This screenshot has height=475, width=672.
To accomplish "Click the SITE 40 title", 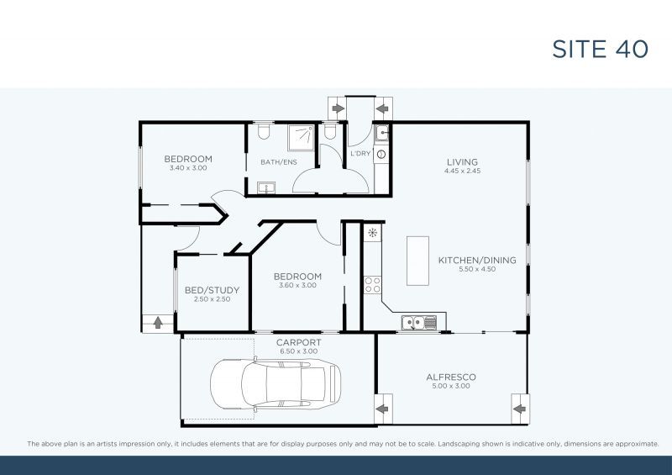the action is [600, 49].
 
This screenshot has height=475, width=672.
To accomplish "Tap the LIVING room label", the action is [462, 162].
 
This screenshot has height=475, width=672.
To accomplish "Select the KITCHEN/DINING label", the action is [477, 260].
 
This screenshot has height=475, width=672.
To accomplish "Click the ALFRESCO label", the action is [451, 377].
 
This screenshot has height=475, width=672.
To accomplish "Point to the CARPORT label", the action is [299, 342].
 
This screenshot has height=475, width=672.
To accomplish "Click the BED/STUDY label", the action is [212, 290].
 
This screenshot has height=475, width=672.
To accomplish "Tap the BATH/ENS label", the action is [279, 162].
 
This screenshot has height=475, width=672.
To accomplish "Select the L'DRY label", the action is [360, 153].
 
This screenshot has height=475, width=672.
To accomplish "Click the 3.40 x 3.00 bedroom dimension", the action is [188, 168].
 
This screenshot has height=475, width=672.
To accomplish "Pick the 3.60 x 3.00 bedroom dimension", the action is [298, 285].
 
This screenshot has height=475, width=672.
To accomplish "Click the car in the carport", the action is [276, 384].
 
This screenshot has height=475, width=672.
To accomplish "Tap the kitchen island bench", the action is [417, 261].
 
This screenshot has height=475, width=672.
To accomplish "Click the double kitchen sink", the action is [419, 323].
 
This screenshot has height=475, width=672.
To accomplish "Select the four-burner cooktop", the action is [372, 285].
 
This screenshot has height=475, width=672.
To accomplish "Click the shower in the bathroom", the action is [302, 138].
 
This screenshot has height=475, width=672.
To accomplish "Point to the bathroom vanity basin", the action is [266, 188].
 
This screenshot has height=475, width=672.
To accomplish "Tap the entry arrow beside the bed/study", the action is [158, 323].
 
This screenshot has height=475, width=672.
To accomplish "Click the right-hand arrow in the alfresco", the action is [519, 409].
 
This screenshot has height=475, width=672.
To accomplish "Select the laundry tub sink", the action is [381, 133].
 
